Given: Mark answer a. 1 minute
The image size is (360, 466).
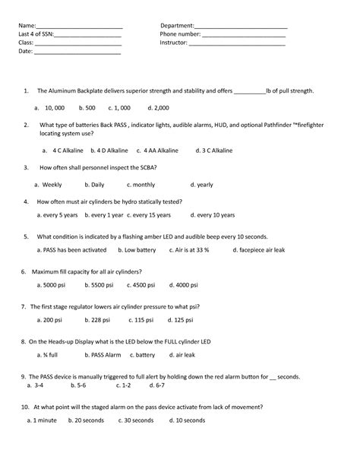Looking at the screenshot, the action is [x=43, y=420].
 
